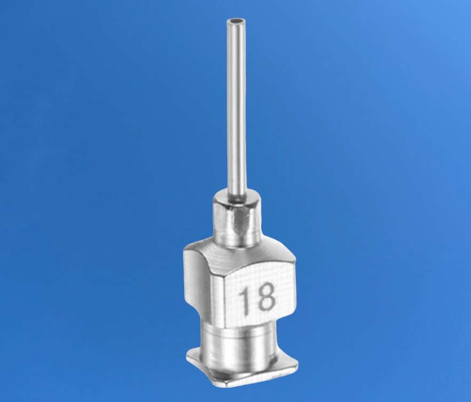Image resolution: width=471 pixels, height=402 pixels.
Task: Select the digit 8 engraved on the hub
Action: point(265,296)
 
